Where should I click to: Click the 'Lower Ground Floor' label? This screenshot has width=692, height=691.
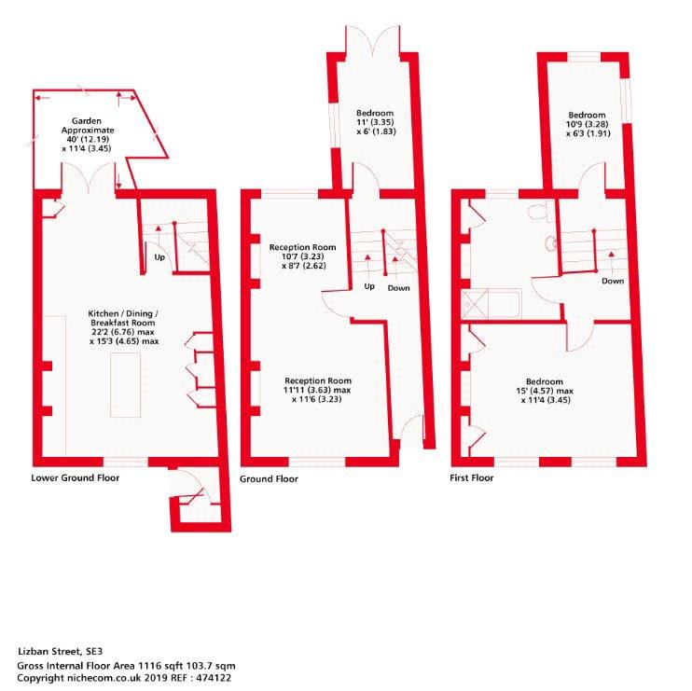[75, 477]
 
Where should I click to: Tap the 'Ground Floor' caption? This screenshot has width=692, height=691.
[269, 478]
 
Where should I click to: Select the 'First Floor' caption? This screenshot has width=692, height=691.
[471, 477]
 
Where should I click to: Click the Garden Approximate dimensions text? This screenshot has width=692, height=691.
[87, 134]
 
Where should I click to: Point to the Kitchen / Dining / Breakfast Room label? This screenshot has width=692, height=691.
[123, 327]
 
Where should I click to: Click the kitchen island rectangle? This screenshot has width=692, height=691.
[125, 385]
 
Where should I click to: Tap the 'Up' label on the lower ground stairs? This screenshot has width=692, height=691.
[159, 256]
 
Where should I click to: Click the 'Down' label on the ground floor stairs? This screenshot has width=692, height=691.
[398, 288]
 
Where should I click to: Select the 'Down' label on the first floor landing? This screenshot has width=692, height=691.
[613, 281]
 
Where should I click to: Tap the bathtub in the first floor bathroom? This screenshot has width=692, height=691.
[491, 304]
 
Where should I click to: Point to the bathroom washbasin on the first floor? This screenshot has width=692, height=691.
[551, 243]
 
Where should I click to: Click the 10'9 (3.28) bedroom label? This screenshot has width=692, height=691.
[588, 124]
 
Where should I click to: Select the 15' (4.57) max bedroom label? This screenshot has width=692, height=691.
[545, 391]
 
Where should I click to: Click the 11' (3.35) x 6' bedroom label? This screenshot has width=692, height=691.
[376, 122]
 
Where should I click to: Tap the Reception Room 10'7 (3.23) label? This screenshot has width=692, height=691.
[303, 256]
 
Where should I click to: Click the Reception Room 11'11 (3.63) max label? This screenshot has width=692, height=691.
[317, 390]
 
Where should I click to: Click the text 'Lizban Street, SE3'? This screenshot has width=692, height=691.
[60, 651]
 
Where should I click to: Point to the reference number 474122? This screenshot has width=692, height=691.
[214, 678]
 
